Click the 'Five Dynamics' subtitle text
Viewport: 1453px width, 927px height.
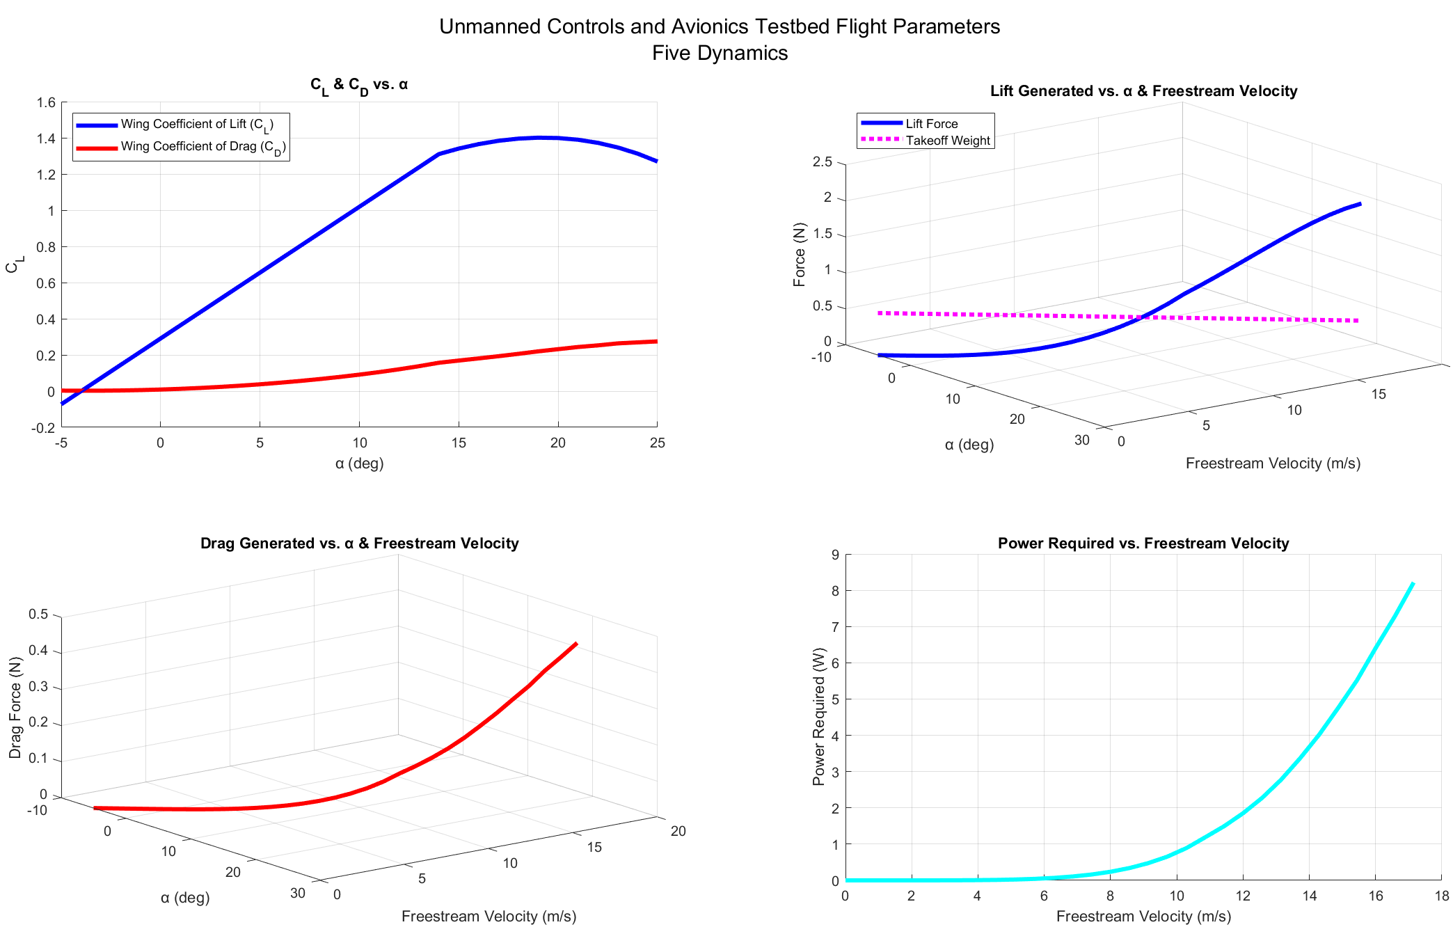click(720, 53)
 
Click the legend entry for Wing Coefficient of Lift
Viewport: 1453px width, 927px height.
click(197, 125)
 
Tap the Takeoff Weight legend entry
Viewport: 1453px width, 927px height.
click(947, 141)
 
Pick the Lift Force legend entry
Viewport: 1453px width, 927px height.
click(931, 124)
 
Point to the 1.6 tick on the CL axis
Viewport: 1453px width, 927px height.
click(47, 103)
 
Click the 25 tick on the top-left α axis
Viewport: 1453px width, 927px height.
click(657, 443)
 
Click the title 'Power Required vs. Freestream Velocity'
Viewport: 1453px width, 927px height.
click(1143, 544)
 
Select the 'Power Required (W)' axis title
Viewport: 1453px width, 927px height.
click(818, 717)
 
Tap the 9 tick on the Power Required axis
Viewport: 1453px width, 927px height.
click(835, 555)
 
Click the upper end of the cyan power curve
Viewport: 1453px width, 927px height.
click(1413, 583)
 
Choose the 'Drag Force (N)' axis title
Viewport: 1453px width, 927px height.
click(15, 708)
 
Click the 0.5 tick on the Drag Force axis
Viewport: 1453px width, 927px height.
click(38, 615)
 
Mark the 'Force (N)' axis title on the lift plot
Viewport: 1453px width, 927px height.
click(799, 255)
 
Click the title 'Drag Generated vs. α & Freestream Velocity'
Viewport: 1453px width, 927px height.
click(359, 544)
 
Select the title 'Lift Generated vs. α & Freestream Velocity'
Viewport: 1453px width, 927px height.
click(1143, 91)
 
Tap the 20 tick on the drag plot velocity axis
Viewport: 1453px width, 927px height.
click(678, 831)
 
